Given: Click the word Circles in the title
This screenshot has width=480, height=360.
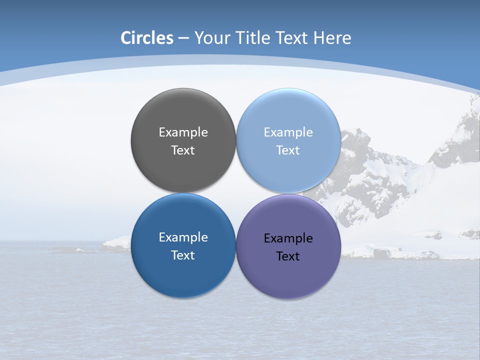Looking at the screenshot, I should [146, 38].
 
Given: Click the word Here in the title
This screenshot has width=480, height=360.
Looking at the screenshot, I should [332, 38].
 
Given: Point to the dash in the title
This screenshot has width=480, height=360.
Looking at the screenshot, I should [183, 38].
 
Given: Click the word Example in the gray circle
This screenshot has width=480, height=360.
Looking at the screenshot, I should [183, 132].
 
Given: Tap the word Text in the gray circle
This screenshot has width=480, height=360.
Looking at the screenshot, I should [183, 150].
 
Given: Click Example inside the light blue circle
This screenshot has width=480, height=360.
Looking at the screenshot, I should [288, 132].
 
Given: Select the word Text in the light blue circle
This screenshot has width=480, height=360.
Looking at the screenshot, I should [288, 150].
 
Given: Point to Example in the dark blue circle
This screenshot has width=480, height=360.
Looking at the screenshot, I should [183, 237].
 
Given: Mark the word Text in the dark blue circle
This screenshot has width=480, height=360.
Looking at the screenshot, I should [183, 255].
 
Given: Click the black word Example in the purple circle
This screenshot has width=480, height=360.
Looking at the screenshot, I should [288, 238].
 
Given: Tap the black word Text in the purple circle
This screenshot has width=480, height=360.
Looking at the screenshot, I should [288, 256].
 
